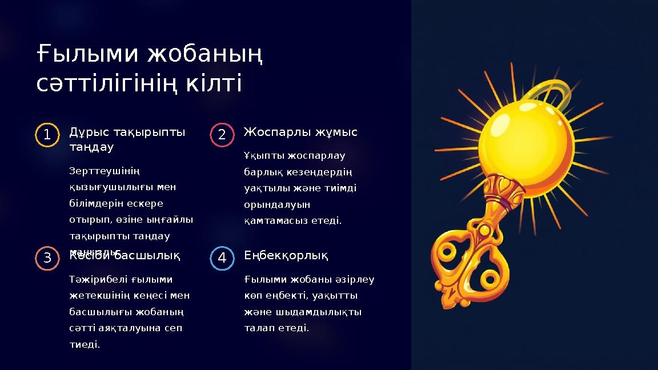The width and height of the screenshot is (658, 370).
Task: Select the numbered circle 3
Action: tap(46, 259)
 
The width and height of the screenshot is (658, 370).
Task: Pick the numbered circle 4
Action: tap(222, 259)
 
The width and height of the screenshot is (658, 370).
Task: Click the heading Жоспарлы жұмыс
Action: tap(300, 132)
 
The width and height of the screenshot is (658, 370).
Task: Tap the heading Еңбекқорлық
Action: tap(286, 255)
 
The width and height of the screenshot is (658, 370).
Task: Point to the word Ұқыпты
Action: tap(263, 156)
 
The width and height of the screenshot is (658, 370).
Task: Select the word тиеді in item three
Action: tap(84, 344)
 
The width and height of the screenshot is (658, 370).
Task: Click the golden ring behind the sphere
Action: tap(551, 94)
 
